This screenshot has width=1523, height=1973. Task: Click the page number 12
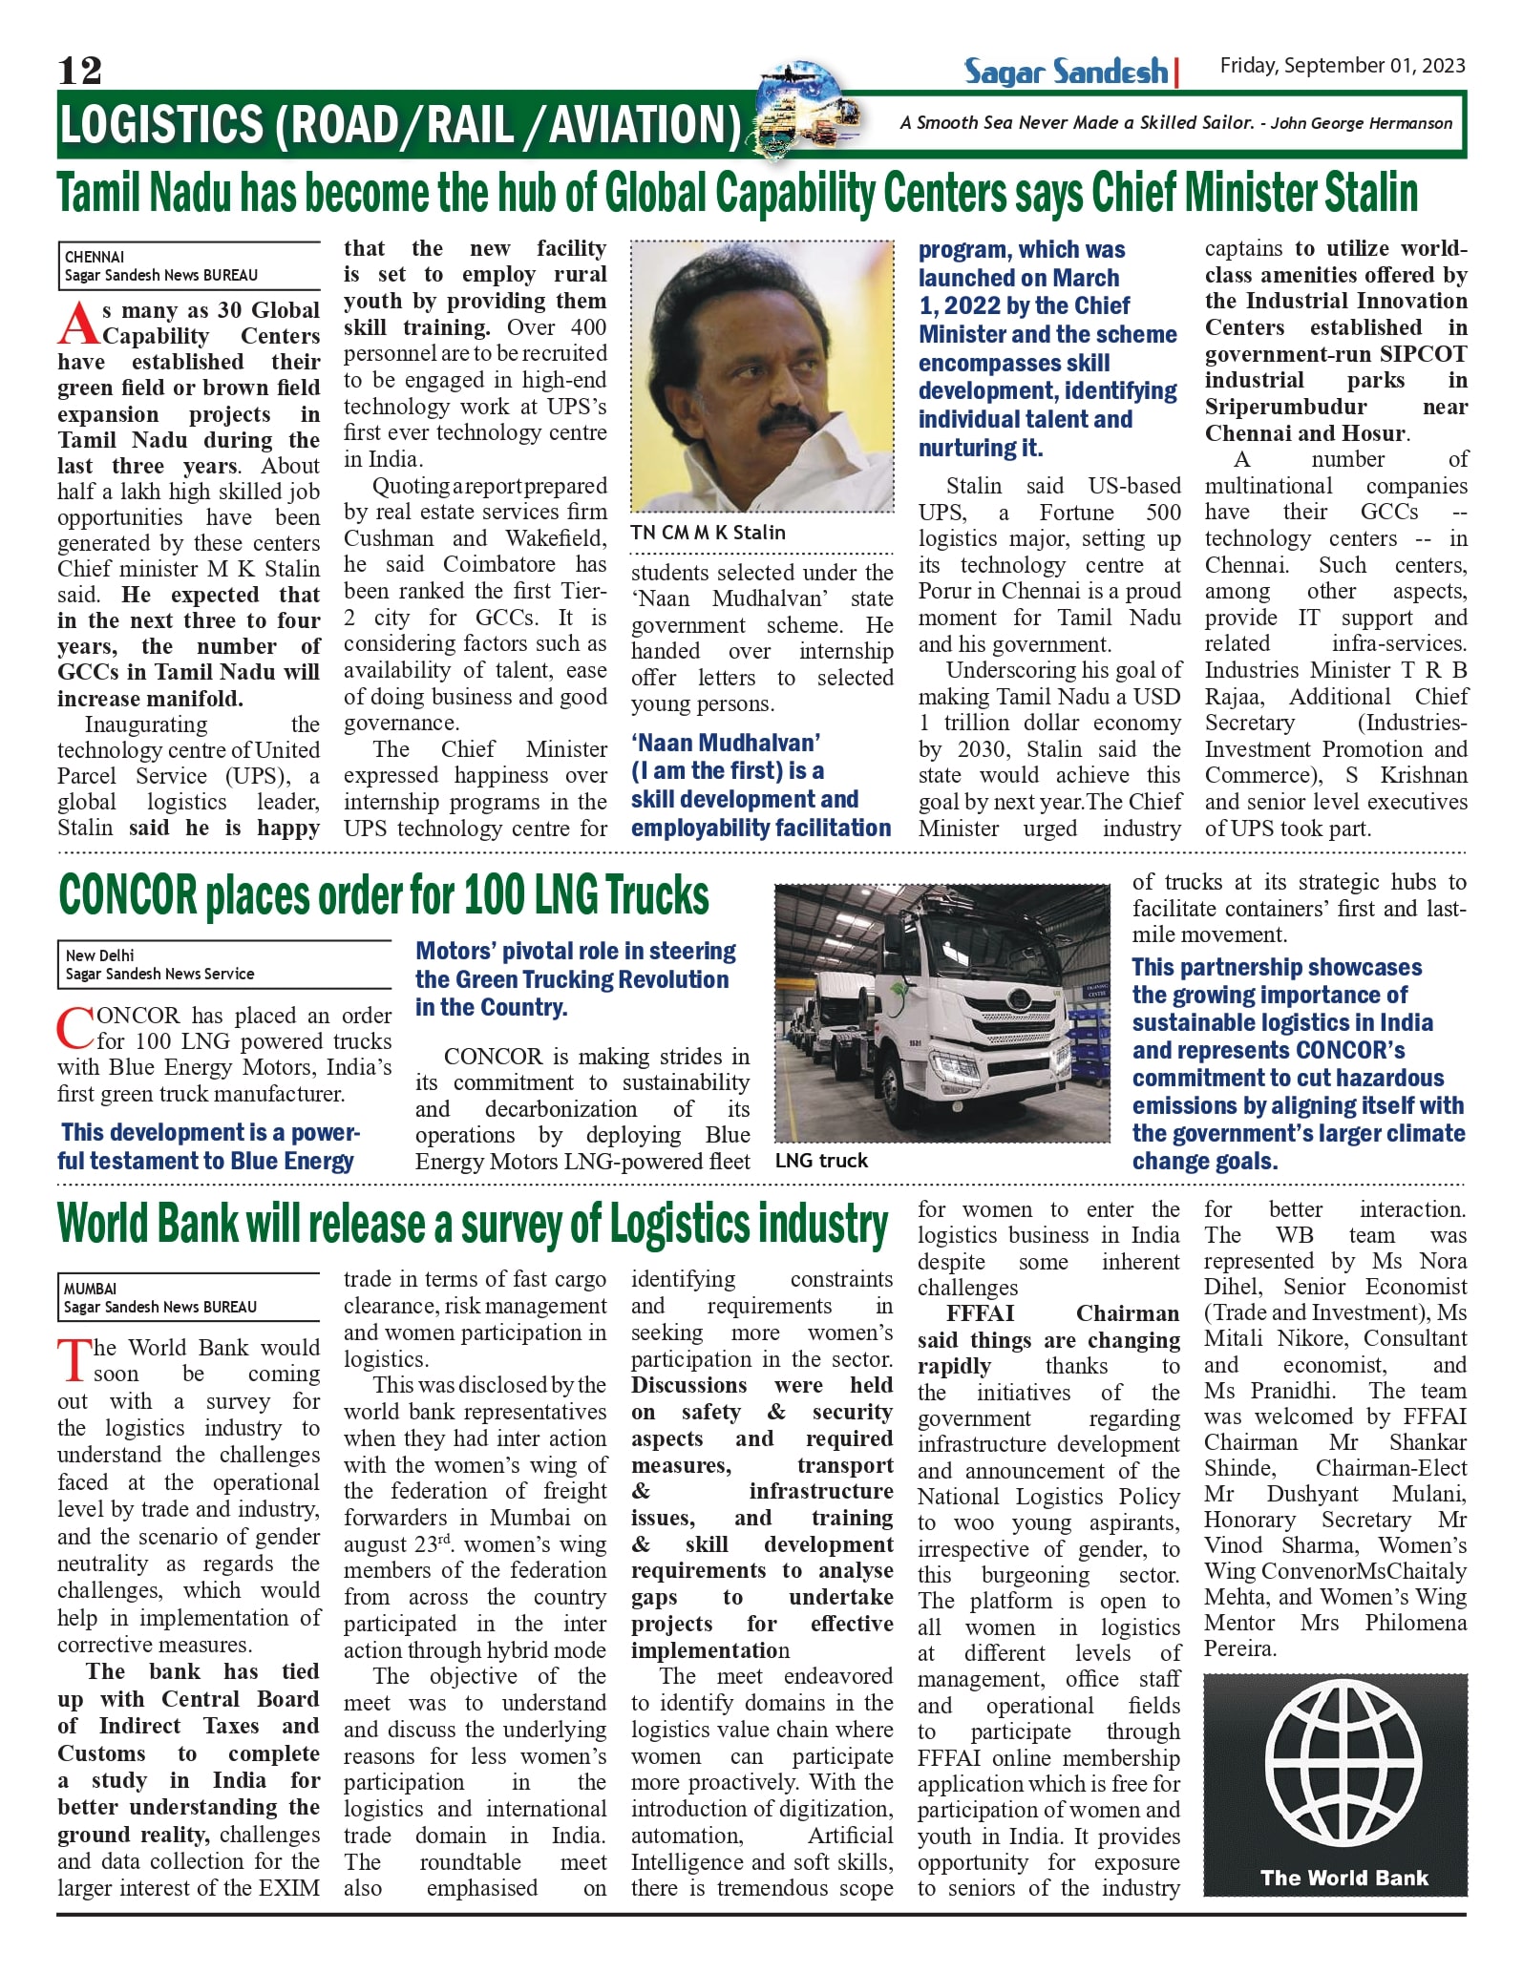[x=79, y=71]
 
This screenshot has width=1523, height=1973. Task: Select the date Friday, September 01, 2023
[x=1342, y=65]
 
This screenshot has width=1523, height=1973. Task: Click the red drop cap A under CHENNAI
[x=78, y=324]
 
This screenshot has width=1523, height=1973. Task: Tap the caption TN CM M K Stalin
[x=708, y=533]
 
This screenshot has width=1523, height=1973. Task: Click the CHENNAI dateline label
[x=95, y=257]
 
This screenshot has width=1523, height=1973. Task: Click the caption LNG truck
[x=821, y=1161]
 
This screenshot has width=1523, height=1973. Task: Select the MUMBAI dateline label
[x=90, y=1289]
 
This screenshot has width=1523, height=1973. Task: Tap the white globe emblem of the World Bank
[x=1335, y=1768]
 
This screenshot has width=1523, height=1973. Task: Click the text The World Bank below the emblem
[x=1343, y=1878]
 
